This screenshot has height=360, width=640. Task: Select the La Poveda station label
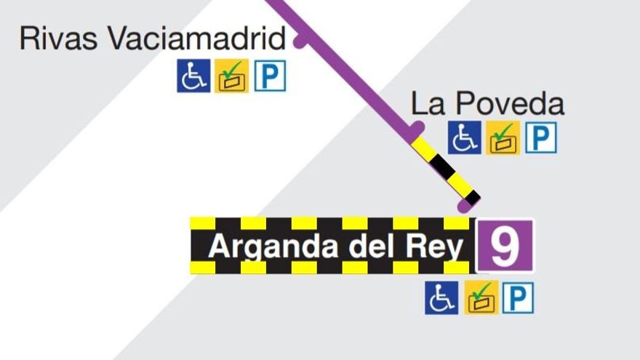487,104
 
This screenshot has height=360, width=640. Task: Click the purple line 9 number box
505,246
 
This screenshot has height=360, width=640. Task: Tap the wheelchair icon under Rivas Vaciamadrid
193,76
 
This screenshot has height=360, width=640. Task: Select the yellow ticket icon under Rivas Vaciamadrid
232,76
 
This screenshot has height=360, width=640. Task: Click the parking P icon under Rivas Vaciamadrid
270,76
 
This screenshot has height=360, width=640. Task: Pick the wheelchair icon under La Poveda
464,137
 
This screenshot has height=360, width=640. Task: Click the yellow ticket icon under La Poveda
503,137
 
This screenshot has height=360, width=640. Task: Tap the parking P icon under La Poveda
541,137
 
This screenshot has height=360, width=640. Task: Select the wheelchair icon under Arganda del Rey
441,297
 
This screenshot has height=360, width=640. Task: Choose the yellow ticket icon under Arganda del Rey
481,297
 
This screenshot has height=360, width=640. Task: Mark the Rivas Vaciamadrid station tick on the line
300,41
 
